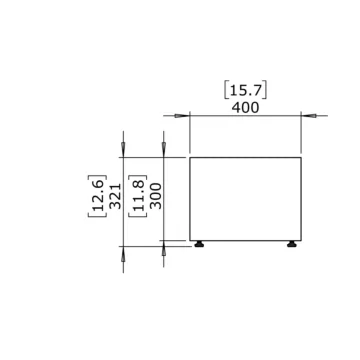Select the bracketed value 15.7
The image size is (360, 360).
click(x=245, y=89)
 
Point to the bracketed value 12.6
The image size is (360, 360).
click(x=97, y=198)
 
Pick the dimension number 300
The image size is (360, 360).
click(x=156, y=198)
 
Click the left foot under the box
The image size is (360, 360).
click(x=200, y=242)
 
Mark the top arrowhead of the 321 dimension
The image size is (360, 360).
click(x=123, y=151)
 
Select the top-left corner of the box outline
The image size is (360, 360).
click(x=189, y=157)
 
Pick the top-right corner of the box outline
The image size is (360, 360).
click(x=302, y=157)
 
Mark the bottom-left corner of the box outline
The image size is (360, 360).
click(x=189, y=239)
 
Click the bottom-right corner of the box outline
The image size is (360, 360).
click(x=302, y=239)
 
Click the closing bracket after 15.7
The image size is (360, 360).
click(x=268, y=89)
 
